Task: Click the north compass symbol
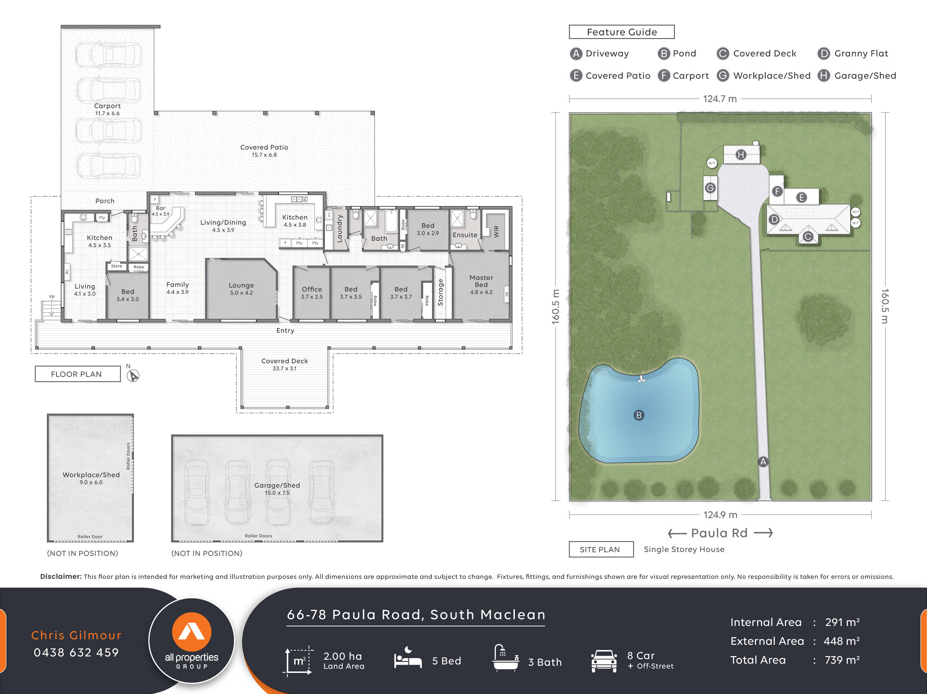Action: pyautogui.click(x=133, y=375)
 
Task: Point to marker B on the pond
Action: pyautogui.click(x=638, y=415)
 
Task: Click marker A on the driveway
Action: pyautogui.click(x=763, y=461)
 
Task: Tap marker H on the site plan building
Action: pyautogui.click(x=741, y=155)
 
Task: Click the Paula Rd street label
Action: pyautogui.click(x=719, y=533)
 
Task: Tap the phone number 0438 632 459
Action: pyautogui.click(x=76, y=652)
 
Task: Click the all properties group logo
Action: pyautogui.click(x=191, y=640)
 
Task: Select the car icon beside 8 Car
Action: pyautogui.click(x=604, y=661)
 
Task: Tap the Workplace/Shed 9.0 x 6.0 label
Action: pyautogui.click(x=91, y=478)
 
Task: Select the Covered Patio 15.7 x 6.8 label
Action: pyautogui.click(x=264, y=151)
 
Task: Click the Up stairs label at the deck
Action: pyautogui.click(x=52, y=296)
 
